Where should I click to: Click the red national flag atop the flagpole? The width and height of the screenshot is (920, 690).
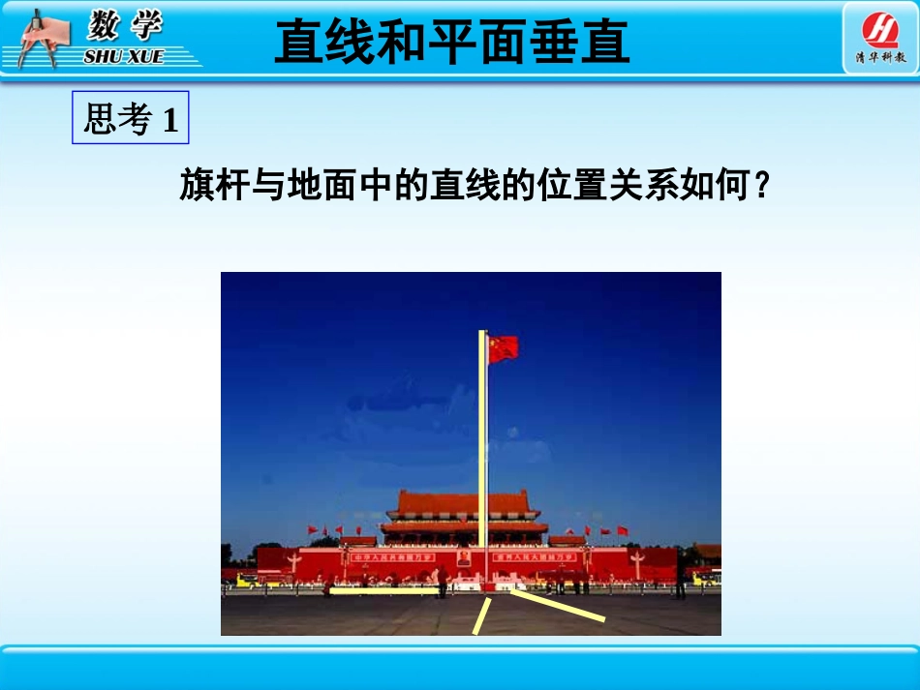504,348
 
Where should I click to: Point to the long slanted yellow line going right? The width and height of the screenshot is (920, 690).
557,605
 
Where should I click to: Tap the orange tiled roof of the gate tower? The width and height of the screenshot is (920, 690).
463,502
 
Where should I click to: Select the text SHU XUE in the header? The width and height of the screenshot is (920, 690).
123,57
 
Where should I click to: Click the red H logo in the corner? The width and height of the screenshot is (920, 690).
879,30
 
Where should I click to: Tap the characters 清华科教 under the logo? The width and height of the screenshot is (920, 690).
880,58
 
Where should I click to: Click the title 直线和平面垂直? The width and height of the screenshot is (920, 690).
452,43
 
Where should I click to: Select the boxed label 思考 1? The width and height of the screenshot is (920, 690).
131,120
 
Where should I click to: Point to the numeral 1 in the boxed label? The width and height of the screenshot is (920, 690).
170,121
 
